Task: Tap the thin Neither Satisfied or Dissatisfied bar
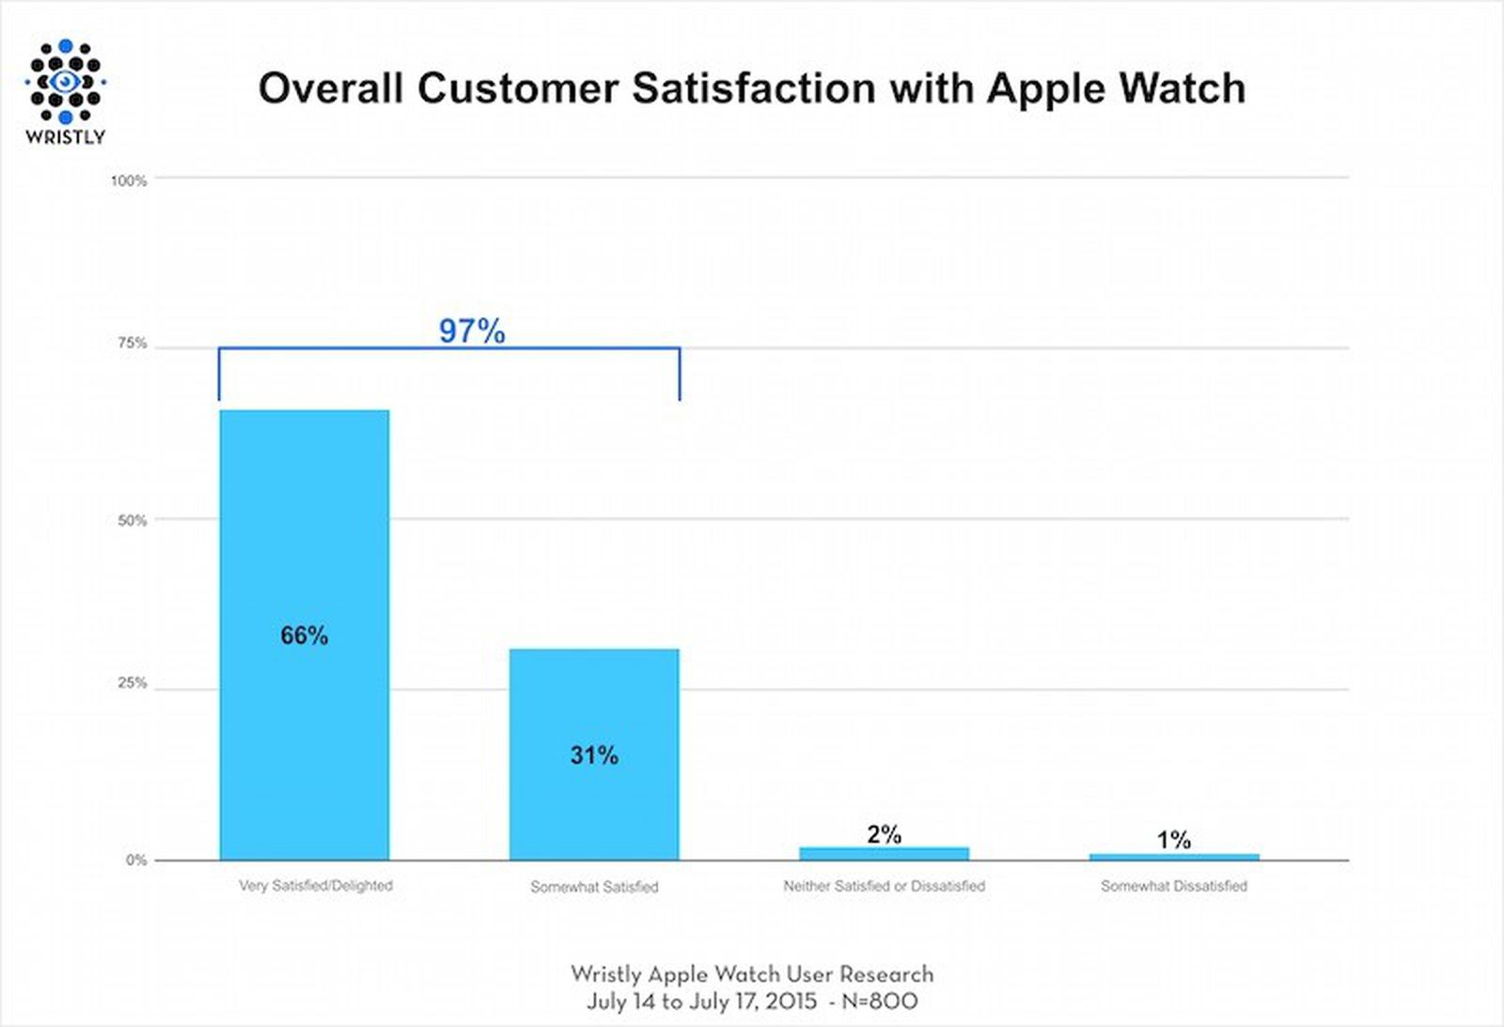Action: pos(884,853)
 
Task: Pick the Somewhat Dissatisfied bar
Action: pos(1173,857)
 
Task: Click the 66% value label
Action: pos(304,636)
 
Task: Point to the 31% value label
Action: pos(594,755)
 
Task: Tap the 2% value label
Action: pos(884,834)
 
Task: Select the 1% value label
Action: pos(1173,839)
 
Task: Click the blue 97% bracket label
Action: pos(472,331)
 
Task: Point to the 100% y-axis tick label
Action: pos(129,181)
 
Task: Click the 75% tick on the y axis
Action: pos(132,344)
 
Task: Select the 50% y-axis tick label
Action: pos(132,520)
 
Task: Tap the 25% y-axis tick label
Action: pos(132,684)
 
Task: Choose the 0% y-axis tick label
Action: pos(136,860)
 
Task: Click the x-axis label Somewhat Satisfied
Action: pos(594,887)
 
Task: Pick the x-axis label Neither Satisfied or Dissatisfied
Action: pos(884,886)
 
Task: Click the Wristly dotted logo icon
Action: pos(65,82)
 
